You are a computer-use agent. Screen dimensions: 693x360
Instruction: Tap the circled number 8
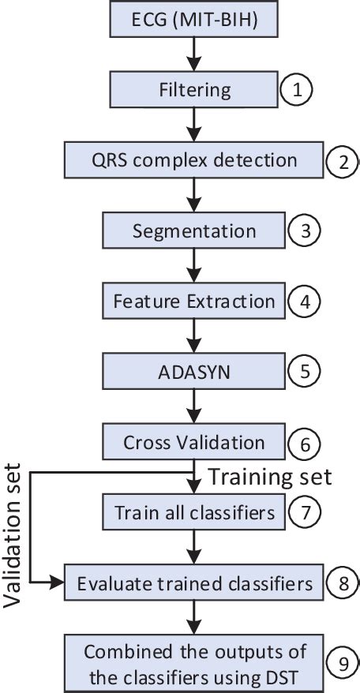[x=342, y=583]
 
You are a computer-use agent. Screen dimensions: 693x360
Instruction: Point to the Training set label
[x=268, y=476]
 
